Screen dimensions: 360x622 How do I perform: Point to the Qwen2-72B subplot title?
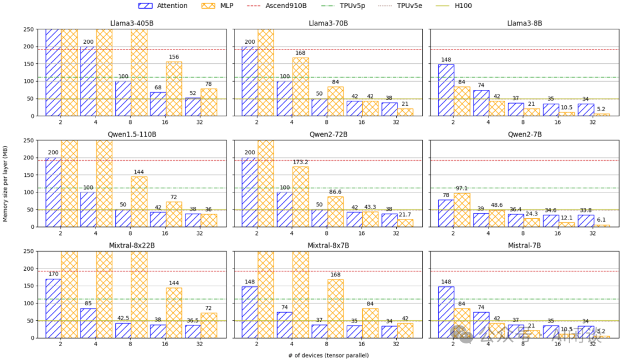tap(327, 134)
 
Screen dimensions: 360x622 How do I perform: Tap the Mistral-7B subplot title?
tap(524, 245)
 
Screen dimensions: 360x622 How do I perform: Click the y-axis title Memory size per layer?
tap(5, 183)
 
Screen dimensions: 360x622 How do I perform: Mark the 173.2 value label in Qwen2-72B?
tap(301, 162)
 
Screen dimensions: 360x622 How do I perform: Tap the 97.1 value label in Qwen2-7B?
tap(462, 188)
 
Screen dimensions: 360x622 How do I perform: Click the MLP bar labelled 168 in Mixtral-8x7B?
tap(335, 308)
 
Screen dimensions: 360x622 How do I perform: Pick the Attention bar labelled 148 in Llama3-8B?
tap(446, 90)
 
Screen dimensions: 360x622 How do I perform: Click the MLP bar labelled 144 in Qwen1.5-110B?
tap(139, 202)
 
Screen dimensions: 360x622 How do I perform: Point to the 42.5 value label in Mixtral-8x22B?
tap(123, 319)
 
